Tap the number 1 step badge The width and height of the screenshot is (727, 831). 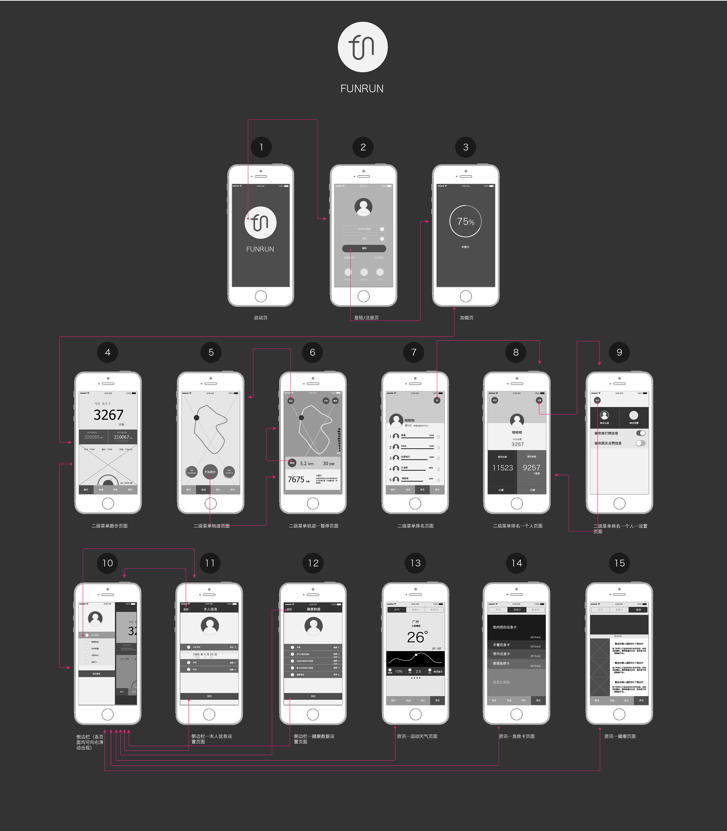click(261, 147)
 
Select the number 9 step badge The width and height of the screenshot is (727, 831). click(619, 353)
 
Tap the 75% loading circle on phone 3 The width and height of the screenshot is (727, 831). click(465, 221)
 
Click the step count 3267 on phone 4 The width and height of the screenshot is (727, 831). click(108, 415)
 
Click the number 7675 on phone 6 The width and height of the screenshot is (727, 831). click(296, 479)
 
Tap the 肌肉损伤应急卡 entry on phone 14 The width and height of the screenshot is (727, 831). click(505, 627)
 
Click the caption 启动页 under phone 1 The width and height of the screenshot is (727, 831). click(261, 318)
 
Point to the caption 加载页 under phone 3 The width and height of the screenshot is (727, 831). click(466, 318)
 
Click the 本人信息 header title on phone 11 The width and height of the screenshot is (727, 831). click(210, 609)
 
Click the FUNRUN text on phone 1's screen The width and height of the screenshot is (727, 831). click(260, 249)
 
